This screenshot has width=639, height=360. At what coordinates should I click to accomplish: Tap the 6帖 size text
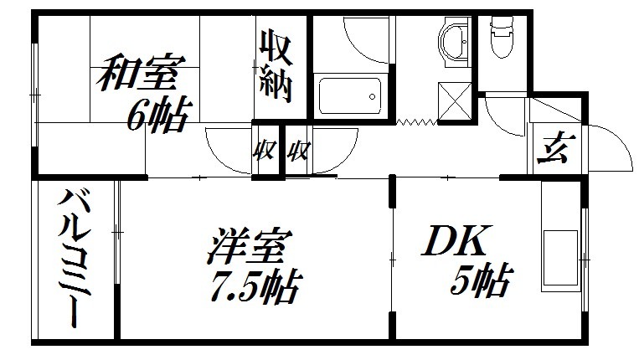click(x=158, y=115)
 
